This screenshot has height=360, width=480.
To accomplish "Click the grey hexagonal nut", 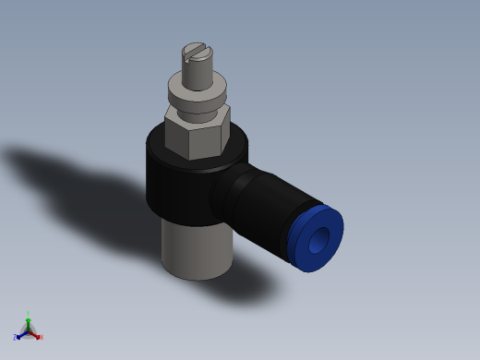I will click(x=197, y=132).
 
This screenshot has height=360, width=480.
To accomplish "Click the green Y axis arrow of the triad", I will click(x=28, y=321).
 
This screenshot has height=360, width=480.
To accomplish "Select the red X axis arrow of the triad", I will click(x=35, y=334).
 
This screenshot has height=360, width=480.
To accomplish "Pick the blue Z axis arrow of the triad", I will click(x=20, y=335).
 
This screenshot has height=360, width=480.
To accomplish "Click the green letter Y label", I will click(x=28, y=314).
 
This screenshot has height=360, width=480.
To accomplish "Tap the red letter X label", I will click(x=41, y=337).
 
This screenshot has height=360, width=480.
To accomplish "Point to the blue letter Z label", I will click(x=15, y=338).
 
